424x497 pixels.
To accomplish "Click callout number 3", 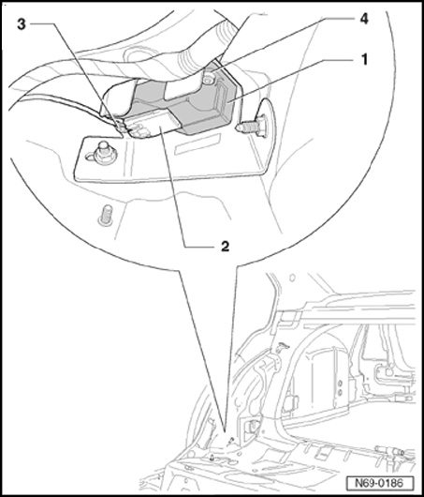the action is (x=22, y=24).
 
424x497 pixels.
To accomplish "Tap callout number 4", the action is (x=364, y=19).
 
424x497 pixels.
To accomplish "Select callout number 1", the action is (x=364, y=59).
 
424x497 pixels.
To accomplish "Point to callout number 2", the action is (x=225, y=246).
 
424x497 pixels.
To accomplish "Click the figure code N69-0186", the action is (x=379, y=483).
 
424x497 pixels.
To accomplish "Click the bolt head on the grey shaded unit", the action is (x=209, y=79).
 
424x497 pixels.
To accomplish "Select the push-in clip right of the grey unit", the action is (x=252, y=127).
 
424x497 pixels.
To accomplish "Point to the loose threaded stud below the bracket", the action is (x=106, y=216).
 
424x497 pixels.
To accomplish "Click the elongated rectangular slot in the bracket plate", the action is (x=197, y=143).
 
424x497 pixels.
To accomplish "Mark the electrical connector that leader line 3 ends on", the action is (x=121, y=126).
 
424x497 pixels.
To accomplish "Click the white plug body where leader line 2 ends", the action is (x=152, y=126).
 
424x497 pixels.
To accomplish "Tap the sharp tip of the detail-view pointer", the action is (x=225, y=431).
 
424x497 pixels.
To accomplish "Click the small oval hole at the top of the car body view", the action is (x=292, y=278).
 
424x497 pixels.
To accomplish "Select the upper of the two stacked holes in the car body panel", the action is (x=340, y=384).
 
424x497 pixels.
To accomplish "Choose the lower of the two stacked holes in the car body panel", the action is (x=340, y=392).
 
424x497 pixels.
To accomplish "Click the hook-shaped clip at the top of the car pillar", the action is (x=283, y=346).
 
